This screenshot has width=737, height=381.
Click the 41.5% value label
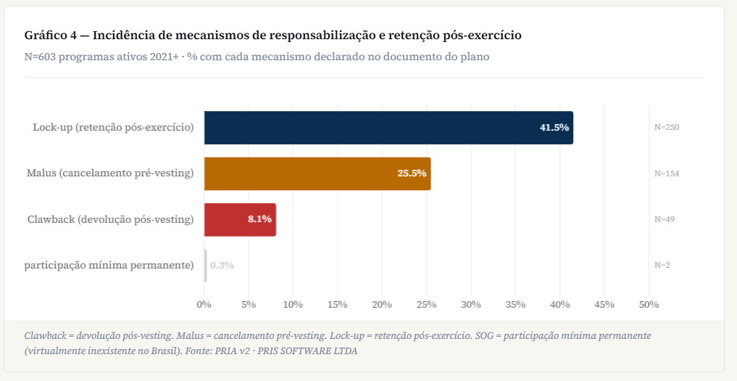[x=554, y=128]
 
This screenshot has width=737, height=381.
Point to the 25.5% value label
[x=412, y=173]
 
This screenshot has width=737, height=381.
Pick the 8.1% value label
[x=259, y=219]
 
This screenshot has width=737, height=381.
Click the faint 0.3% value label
[x=222, y=265]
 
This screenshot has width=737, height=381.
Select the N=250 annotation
[x=667, y=127]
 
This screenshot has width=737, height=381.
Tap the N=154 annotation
[x=667, y=173]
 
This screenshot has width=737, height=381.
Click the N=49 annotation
[x=665, y=219]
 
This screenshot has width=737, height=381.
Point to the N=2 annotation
[x=662, y=265]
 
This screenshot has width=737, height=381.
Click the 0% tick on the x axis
[x=204, y=304]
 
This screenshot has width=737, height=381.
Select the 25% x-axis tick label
[x=426, y=304]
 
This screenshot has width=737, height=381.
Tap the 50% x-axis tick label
[x=649, y=304]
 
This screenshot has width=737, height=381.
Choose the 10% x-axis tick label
[x=293, y=304]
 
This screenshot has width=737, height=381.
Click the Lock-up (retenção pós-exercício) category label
[x=113, y=127]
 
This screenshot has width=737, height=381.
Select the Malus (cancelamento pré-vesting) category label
[x=110, y=173]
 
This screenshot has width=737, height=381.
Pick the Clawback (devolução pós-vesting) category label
[x=110, y=219]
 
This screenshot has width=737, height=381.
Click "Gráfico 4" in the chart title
[x=51, y=36]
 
